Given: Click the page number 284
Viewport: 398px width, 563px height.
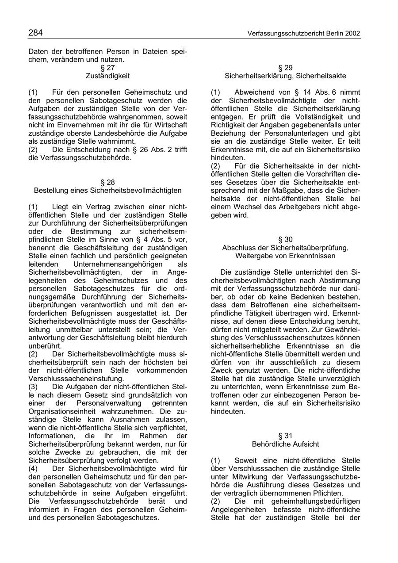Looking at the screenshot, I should tap(35, 33).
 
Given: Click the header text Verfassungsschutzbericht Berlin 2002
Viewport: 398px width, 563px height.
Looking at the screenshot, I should tap(304, 34).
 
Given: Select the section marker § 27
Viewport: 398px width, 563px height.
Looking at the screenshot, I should tap(107, 68).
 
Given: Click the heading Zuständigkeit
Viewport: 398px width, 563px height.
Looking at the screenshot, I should tap(107, 76).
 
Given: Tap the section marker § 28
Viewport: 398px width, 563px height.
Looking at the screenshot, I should tap(107, 182).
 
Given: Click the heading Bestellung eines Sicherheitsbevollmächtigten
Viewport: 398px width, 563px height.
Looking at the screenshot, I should tap(107, 190).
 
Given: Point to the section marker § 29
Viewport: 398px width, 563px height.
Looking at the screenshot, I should tap(285, 68).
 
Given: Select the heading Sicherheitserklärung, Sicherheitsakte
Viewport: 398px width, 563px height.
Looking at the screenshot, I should tap(285, 76).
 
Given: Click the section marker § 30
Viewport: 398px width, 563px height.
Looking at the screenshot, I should tap(285, 239).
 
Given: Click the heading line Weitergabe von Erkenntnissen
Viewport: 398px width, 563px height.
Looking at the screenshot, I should tap(285, 256).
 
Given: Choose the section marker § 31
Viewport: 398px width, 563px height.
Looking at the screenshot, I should tap(285, 436).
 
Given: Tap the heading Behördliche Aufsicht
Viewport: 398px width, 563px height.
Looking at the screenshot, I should tap(285, 444).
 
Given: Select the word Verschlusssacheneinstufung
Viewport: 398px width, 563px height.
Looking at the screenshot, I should tap(76, 379).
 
